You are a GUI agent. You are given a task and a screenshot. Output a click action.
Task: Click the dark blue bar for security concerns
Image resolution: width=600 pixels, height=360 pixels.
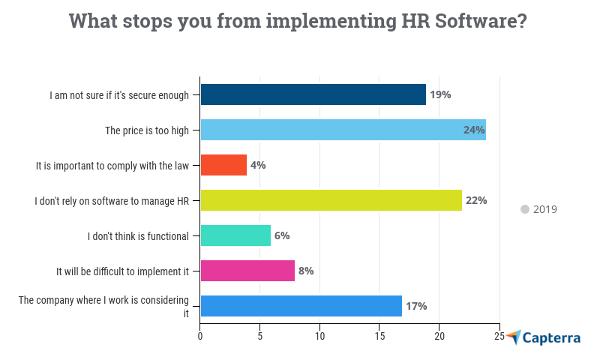click(313, 94)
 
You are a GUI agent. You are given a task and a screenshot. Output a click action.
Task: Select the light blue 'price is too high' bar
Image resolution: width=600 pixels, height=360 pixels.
click(343, 130)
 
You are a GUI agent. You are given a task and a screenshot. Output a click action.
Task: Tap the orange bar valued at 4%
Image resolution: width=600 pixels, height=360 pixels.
click(223, 165)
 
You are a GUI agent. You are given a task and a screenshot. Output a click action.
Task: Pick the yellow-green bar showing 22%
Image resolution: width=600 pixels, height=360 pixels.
click(331, 200)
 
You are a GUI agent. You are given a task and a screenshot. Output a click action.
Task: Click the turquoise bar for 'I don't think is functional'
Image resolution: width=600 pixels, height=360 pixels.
click(235, 235)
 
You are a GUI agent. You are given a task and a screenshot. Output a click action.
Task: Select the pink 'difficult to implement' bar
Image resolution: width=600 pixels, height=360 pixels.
click(247, 271)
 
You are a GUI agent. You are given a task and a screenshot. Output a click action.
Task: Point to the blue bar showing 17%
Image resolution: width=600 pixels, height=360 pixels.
click(301, 306)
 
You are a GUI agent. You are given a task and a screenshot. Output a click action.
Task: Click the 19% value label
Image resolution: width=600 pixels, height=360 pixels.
click(440, 94)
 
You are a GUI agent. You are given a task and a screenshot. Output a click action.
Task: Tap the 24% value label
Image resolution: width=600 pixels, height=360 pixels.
click(474, 130)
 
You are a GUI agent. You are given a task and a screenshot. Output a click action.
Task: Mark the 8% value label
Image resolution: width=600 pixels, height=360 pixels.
click(306, 271)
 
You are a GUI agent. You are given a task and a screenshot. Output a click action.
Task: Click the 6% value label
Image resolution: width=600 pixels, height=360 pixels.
click(282, 235)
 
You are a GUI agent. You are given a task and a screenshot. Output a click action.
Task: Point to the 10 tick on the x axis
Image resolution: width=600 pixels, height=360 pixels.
click(320, 337)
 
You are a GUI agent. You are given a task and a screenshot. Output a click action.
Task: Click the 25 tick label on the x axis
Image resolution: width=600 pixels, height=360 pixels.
click(499, 337)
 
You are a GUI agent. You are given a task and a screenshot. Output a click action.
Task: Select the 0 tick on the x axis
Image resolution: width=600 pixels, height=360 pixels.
click(200, 337)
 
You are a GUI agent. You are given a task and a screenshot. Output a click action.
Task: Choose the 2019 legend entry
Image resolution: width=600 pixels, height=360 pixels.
click(544, 209)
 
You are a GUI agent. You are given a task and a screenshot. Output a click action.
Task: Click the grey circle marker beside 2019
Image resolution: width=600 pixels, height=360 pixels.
click(525, 209)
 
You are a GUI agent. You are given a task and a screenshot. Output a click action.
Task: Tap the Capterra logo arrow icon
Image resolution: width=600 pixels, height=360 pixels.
click(514, 337)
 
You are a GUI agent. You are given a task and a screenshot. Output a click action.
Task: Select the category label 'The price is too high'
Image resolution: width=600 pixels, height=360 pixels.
click(147, 130)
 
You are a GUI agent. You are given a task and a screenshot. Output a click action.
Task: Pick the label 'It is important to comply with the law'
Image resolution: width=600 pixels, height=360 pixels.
click(117, 165)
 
